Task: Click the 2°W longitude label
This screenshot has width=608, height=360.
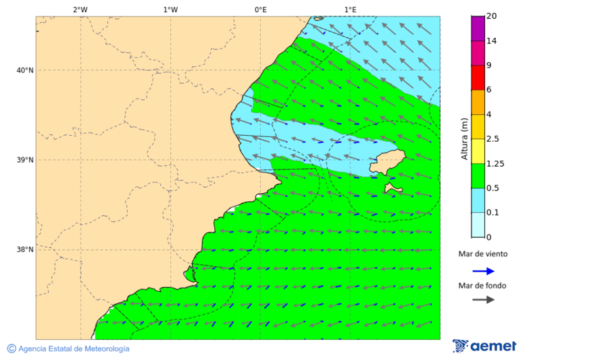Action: pyautogui.click(x=80, y=9)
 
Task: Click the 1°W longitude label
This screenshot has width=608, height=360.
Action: pyautogui.click(x=170, y=9)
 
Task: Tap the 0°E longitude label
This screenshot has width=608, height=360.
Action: pyautogui.click(x=260, y=9)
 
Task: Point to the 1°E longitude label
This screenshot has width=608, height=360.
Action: pyautogui.click(x=351, y=9)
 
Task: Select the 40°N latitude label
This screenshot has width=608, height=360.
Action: pyautogui.click(x=25, y=70)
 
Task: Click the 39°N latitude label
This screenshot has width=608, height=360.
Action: pyautogui.click(x=25, y=160)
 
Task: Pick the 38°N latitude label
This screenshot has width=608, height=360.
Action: pyautogui.click(x=25, y=250)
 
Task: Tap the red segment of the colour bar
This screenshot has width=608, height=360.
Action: pyautogui.click(x=478, y=77)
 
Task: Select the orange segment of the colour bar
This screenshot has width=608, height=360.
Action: pyautogui.click(x=478, y=102)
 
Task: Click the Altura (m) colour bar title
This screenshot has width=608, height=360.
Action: pyautogui.click(x=464, y=138)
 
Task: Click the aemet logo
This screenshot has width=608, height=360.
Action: pyautogui.click(x=484, y=346)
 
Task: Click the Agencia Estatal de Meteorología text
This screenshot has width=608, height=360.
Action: pyautogui.click(x=73, y=349)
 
